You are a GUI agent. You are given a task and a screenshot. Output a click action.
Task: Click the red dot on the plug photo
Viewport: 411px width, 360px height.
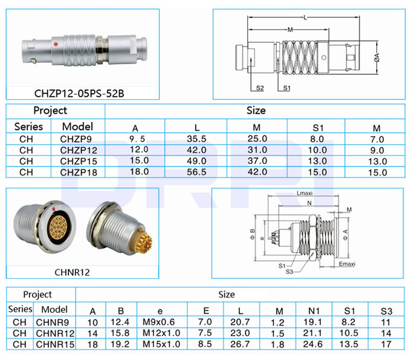56,44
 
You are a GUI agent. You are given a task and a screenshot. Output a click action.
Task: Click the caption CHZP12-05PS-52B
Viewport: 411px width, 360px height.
79,94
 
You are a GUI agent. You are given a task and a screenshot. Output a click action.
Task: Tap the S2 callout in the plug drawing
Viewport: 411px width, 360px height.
260,88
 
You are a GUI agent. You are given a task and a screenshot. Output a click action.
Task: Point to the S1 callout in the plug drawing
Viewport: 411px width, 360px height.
286,88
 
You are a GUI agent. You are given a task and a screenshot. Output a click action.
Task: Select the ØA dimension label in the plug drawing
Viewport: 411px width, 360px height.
377,57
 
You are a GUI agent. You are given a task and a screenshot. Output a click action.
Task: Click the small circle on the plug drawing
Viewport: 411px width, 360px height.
324,57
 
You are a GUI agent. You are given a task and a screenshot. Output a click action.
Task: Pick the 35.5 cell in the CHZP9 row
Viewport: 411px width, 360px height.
196,139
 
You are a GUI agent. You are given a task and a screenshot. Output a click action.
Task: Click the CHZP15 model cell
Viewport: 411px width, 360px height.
79,162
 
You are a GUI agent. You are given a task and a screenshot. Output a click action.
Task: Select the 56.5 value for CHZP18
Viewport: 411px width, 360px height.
196,172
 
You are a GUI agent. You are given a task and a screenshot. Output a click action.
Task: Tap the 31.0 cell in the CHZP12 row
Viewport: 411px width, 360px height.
257,150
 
